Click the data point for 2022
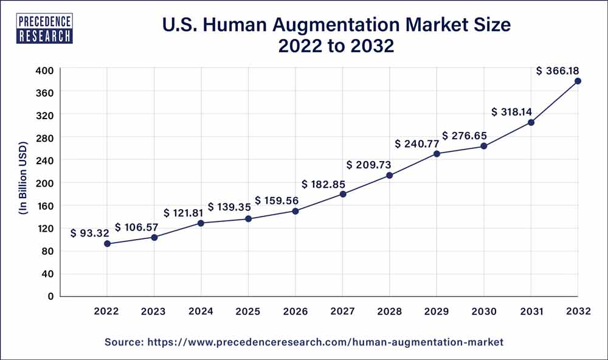107,244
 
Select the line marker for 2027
342,194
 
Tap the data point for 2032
578,81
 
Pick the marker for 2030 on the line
483,146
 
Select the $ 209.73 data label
368,165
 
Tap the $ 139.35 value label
229,207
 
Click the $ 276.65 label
463,136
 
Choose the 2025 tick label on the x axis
248,311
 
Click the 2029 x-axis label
437,311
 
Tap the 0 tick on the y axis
50,296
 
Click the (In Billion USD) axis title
23,183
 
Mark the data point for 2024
201,223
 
